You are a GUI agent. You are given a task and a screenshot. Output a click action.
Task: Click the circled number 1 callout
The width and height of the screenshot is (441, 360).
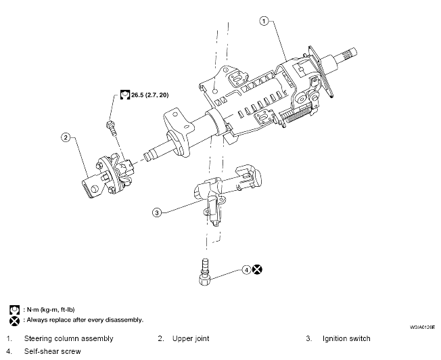263,21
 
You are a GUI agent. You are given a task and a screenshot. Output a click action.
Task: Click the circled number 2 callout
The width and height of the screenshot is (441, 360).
66,137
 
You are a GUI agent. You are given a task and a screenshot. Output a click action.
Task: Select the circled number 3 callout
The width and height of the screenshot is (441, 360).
157,212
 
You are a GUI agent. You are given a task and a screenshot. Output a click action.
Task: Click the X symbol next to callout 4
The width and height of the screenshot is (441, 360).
258,269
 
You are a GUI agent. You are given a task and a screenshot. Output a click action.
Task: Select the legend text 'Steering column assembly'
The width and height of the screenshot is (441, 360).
68,338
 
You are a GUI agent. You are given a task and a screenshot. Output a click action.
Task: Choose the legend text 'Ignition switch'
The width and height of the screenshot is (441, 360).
346,338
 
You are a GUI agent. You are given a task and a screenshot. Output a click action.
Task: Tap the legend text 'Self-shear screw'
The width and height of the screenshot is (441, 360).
53,351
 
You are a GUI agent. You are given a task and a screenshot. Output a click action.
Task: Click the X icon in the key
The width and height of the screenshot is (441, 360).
13,319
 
